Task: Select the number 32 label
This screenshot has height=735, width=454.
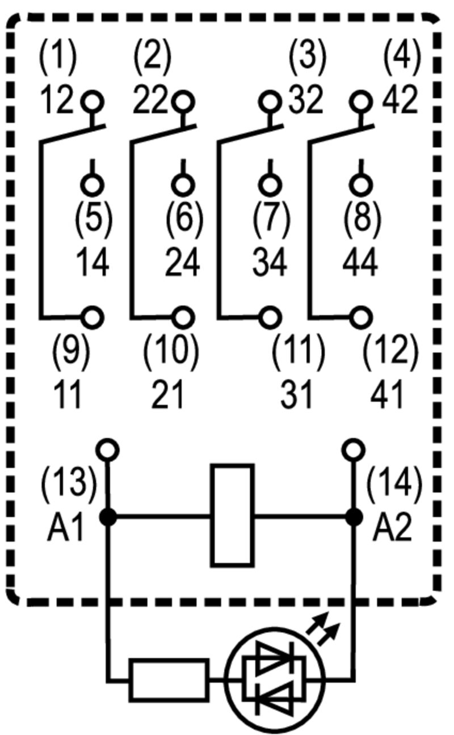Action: (306, 100)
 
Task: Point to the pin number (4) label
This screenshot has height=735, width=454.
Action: (402, 56)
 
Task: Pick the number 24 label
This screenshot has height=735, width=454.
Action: (183, 263)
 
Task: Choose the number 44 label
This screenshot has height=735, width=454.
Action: (360, 263)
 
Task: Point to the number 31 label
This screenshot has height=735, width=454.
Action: (296, 394)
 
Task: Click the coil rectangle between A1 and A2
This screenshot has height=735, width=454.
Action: (232, 515)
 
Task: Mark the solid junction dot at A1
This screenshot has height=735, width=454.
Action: (108, 517)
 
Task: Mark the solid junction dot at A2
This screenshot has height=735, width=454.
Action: (354, 517)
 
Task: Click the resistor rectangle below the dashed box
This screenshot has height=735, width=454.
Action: (169, 679)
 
